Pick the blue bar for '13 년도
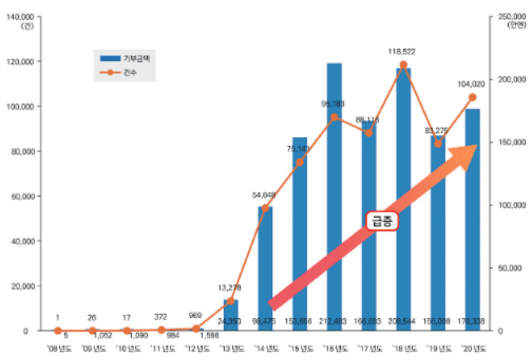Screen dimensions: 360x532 point(231,315)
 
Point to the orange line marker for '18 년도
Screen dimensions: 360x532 point(403,65)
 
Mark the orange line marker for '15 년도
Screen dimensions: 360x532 point(300,162)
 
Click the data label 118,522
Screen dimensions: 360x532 point(402,52)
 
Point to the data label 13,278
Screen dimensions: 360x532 point(229,287)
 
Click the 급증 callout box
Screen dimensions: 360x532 point(381,220)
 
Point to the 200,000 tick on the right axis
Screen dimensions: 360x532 point(508,79)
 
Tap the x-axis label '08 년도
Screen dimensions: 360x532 point(58,348)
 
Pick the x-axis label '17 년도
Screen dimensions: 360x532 point(369,348)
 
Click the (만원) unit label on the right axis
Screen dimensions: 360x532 point(518,25)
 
